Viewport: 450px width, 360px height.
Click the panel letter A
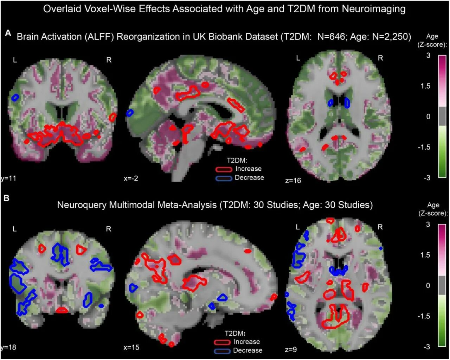tap(8, 33)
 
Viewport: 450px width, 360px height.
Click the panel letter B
tap(6, 198)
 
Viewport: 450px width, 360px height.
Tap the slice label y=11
tap(8, 178)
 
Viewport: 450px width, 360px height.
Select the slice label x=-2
tap(131, 178)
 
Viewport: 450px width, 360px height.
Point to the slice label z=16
tap(293, 181)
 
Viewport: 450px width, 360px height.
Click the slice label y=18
tap(8, 347)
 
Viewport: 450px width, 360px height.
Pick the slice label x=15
tap(131, 347)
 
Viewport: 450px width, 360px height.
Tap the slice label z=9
tap(291, 349)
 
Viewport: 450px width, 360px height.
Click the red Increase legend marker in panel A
tap(224, 170)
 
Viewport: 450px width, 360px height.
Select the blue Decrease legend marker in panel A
tap(224, 178)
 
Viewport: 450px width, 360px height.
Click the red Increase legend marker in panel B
tap(222, 342)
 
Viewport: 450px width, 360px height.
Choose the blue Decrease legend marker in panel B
tap(222, 351)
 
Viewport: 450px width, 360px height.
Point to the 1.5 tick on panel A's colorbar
tap(425, 86)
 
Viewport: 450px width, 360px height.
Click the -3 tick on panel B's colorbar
tap(426, 347)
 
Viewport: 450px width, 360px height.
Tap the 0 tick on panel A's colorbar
tap(428, 116)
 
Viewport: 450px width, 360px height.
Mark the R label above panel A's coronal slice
tap(109, 60)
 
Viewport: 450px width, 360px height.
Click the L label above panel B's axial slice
tap(298, 227)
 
